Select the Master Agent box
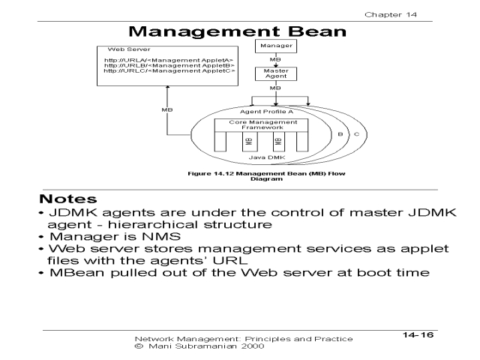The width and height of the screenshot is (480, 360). coord(276,74)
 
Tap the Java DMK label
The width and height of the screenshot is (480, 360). coord(259,158)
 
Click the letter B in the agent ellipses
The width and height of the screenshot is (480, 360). coord(340,135)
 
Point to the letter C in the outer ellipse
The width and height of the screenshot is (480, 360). coord(355,135)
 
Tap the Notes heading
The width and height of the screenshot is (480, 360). coord(68,201)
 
